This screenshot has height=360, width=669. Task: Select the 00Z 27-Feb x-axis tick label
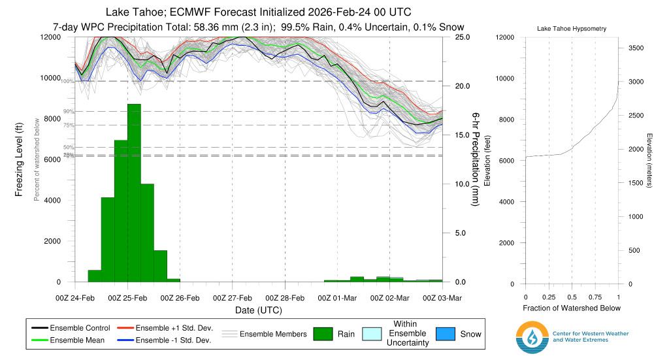click(x=233, y=298)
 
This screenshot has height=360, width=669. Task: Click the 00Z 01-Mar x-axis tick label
click(x=337, y=298)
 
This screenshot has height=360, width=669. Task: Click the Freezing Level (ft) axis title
click(x=20, y=159)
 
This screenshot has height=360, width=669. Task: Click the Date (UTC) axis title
click(x=259, y=310)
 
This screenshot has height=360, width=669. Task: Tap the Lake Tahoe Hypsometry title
click(x=572, y=29)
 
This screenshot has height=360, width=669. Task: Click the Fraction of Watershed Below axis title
click(x=572, y=308)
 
